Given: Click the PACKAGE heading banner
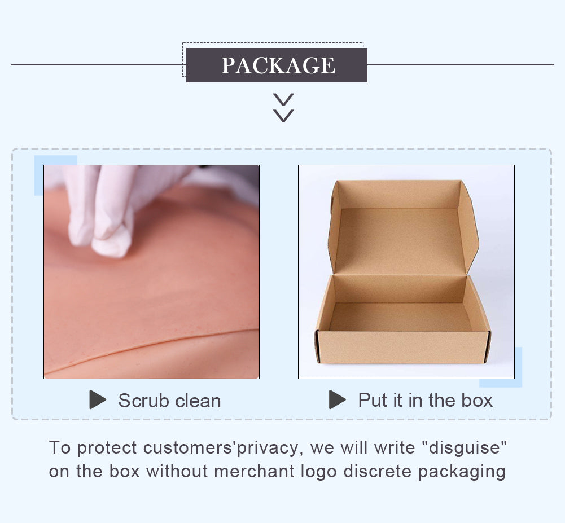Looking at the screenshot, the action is (x=277, y=65).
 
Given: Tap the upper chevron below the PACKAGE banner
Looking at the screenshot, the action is (x=283, y=99).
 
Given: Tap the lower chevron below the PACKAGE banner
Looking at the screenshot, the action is (x=283, y=116).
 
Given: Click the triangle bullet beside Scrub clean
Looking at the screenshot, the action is (x=98, y=399).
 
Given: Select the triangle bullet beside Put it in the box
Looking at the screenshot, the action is (x=338, y=399).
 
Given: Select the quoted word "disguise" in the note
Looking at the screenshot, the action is (x=464, y=448).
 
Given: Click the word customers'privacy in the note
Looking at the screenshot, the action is (x=221, y=448).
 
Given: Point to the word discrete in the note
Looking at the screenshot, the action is (x=377, y=471).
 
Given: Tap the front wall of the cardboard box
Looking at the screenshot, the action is (x=403, y=347).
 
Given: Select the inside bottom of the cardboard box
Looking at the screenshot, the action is (x=400, y=317).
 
